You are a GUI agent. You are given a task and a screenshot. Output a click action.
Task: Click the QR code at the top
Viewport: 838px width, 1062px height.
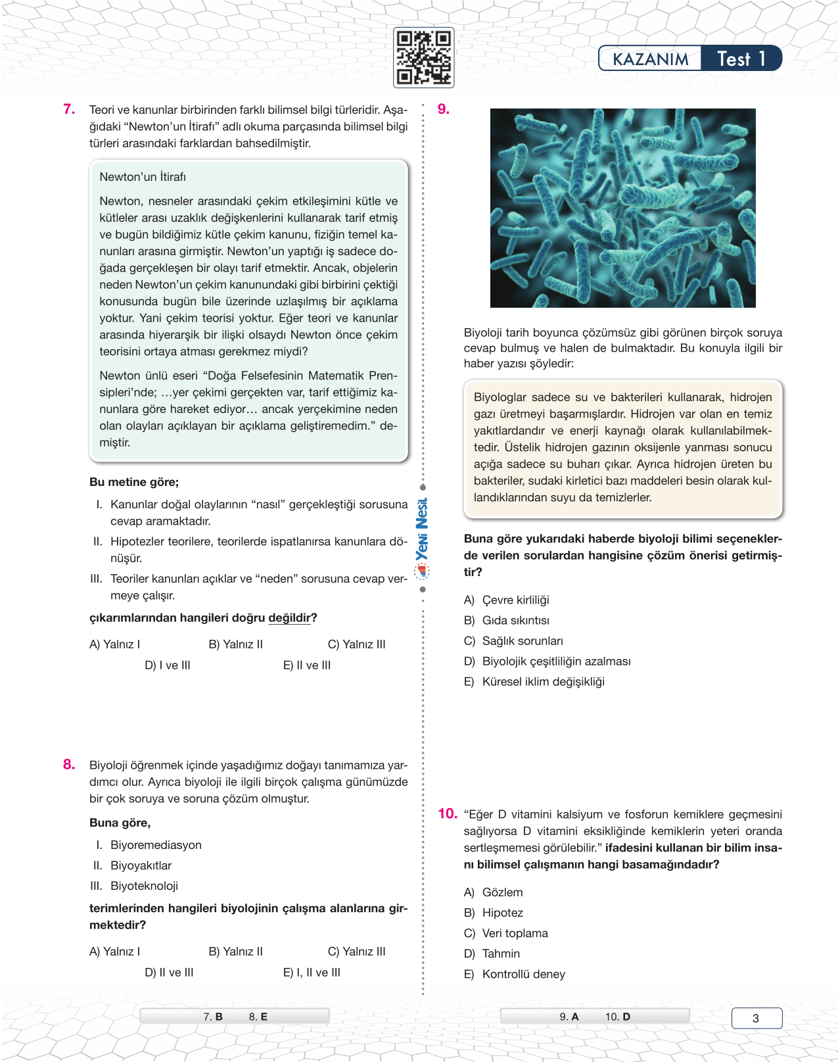(423, 58)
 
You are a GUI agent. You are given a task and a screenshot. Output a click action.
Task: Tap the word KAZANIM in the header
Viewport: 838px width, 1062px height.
(650, 59)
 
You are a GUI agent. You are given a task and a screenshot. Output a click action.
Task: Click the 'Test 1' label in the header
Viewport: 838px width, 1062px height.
(741, 59)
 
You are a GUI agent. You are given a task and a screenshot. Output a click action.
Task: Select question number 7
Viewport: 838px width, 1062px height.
(69, 109)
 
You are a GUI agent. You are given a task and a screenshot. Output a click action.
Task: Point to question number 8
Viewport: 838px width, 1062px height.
(69, 764)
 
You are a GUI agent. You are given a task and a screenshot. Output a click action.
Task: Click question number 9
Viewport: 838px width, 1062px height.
(444, 109)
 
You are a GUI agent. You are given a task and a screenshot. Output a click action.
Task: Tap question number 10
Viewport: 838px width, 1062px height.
(447, 813)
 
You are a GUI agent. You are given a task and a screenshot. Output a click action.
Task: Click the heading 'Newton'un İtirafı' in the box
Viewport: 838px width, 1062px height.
(143, 177)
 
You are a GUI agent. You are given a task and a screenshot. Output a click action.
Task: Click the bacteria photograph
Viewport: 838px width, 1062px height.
(622, 208)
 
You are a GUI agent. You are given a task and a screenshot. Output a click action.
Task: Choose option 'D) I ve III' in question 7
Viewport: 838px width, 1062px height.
(168, 665)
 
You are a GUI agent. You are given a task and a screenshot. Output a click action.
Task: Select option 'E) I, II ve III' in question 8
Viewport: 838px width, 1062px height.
(312, 972)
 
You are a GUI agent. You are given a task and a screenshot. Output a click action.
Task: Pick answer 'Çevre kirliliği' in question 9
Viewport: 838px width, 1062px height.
(515, 600)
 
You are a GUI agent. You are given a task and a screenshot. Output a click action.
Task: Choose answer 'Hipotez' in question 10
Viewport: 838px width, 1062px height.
(502, 913)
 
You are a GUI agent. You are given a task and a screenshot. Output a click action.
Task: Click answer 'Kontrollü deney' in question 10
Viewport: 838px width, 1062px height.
(523, 974)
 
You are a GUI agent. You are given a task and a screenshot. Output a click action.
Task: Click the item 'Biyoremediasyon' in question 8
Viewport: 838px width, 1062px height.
(156, 845)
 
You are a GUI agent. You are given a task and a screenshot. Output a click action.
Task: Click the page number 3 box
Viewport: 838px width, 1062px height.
(756, 1018)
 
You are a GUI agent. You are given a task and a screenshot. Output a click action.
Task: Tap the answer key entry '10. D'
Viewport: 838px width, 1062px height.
(617, 1017)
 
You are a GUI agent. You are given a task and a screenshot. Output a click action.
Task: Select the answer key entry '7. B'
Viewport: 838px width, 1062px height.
(213, 1017)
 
